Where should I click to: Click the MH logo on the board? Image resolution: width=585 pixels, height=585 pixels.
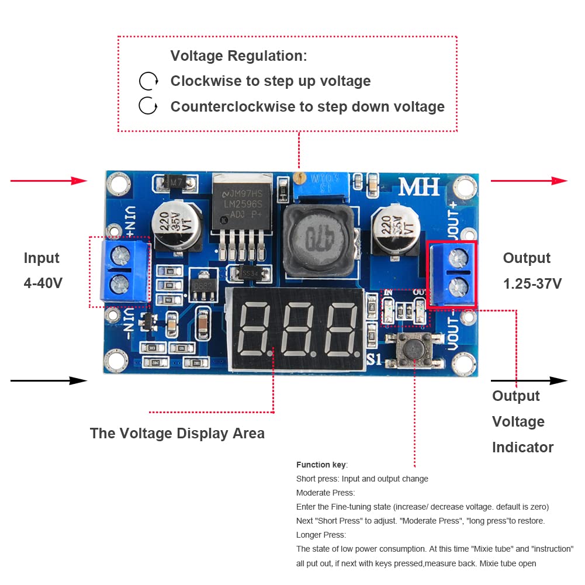point(420,187)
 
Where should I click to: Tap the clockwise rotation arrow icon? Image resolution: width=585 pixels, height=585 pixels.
point(148,81)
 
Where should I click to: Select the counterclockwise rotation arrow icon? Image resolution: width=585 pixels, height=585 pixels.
point(148,106)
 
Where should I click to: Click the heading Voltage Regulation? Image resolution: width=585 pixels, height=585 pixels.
point(238,56)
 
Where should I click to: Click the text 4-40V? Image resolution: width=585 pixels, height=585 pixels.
point(43,283)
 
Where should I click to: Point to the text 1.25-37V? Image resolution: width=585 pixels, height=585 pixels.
point(532,284)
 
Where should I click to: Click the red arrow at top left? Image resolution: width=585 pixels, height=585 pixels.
point(49,181)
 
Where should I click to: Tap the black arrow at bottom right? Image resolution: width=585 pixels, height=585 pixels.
point(529,380)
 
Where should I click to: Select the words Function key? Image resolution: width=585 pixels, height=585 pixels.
point(321,465)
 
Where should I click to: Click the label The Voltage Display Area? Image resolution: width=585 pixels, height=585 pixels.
point(177,433)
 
